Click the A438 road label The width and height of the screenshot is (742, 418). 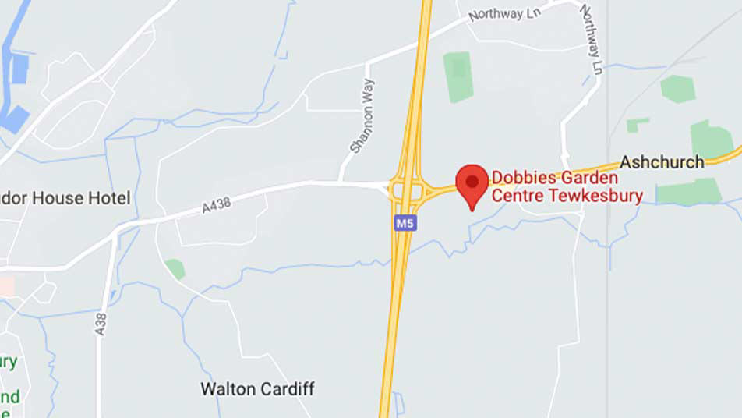coord(217,207)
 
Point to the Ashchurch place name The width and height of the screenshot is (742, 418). coord(662,162)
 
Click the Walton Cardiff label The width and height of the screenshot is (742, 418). coord(257,388)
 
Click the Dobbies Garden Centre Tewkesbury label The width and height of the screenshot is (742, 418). coord(567,186)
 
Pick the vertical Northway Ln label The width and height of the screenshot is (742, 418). coord(592,40)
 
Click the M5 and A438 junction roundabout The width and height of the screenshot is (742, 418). coord(406,190)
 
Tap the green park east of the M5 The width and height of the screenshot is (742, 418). coord(458,77)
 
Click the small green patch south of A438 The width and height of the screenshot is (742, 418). coord(175,269)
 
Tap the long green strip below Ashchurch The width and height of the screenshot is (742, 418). coord(688,192)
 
